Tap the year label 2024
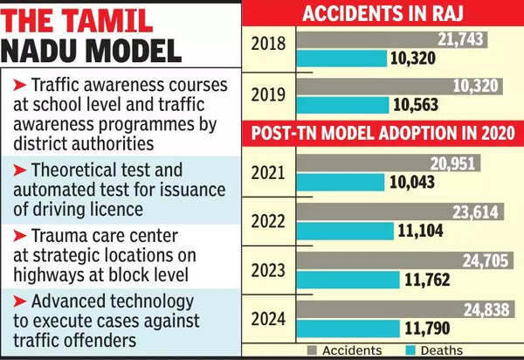[x=269, y=320]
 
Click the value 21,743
[x=461, y=40]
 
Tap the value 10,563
[x=417, y=105]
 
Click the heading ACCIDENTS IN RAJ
[x=383, y=13]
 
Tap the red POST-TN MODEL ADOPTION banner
[x=383, y=134]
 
